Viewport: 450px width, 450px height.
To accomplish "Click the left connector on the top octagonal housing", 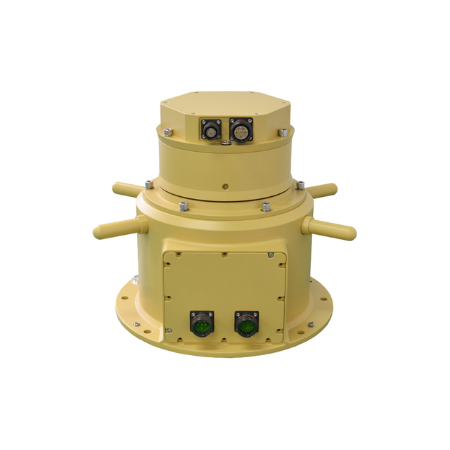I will pyautogui.click(x=210, y=130).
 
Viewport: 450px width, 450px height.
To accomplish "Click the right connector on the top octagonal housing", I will pyautogui.click(x=240, y=130).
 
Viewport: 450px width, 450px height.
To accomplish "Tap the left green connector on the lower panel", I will pyautogui.click(x=200, y=325).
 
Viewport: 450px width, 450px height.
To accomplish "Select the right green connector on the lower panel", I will pyautogui.click(x=246, y=325).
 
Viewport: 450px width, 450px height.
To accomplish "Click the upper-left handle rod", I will pyautogui.click(x=128, y=189).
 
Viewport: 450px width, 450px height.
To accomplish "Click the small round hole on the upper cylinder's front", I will pyautogui.click(x=224, y=187).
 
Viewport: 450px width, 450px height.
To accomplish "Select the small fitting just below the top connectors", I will pyautogui.click(x=224, y=145).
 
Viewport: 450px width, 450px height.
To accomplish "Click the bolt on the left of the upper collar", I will pyautogui.click(x=167, y=131).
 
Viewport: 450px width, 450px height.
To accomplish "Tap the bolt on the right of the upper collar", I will pyautogui.click(x=283, y=131).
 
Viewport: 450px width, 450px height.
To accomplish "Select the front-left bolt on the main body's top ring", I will pyautogui.click(x=183, y=206).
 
